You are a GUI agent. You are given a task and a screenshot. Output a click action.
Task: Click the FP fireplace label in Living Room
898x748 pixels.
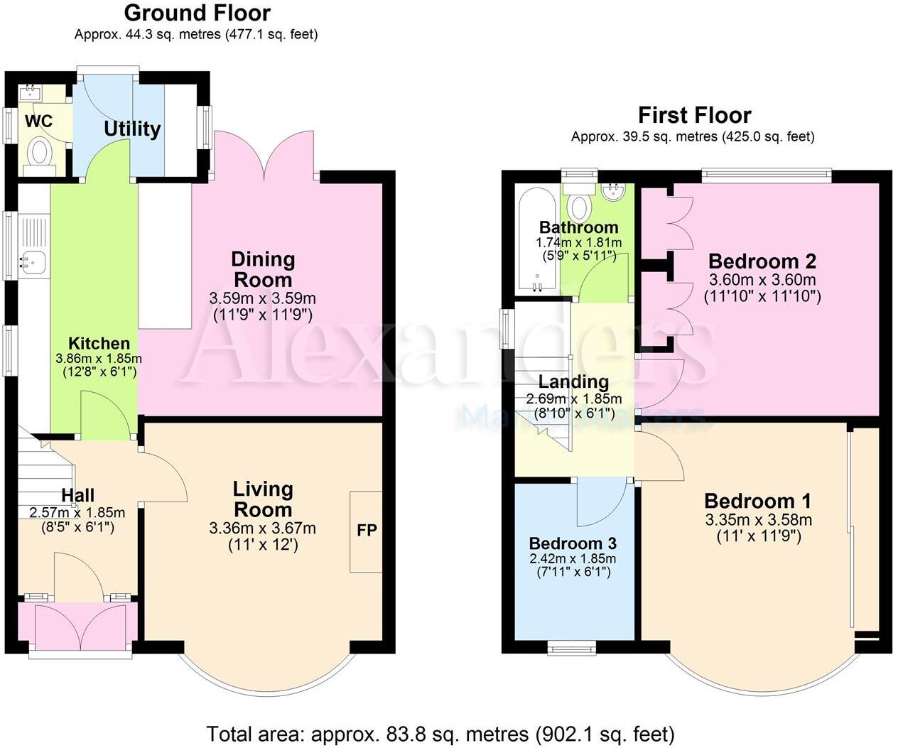(x=367, y=531)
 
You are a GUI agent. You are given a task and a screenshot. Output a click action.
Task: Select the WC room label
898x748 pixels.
(x=38, y=121)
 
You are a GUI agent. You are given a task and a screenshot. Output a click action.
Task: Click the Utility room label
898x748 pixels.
(x=132, y=129)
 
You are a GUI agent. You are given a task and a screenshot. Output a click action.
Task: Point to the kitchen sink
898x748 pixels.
(x=33, y=261)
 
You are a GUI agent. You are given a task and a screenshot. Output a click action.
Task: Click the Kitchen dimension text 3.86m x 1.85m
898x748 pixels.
(x=99, y=359)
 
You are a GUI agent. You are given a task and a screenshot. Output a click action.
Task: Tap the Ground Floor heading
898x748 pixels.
(x=197, y=13)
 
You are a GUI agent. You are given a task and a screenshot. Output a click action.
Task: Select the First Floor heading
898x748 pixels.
(x=694, y=115)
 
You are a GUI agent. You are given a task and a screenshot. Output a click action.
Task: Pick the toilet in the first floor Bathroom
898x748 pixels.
(x=580, y=206)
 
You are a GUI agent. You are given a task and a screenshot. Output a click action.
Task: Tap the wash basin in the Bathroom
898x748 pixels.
(x=612, y=191)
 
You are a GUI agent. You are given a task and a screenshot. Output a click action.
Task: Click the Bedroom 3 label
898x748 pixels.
(x=573, y=543)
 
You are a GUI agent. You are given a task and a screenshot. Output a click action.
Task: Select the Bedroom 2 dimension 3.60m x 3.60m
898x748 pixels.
(x=762, y=280)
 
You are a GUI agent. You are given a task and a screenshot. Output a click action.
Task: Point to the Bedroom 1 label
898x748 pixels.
(x=757, y=501)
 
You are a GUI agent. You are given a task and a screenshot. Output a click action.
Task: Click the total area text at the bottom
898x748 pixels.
(x=440, y=734)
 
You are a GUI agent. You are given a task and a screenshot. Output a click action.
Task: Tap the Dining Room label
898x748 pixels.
(x=263, y=269)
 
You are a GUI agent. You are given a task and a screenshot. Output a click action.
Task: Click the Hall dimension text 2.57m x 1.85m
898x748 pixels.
(x=77, y=512)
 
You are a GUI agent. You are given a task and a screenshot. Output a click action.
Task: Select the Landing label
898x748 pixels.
(x=573, y=382)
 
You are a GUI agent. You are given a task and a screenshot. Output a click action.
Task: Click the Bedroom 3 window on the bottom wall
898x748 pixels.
(x=573, y=647)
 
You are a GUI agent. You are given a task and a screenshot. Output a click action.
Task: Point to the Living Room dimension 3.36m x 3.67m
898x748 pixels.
(x=263, y=529)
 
